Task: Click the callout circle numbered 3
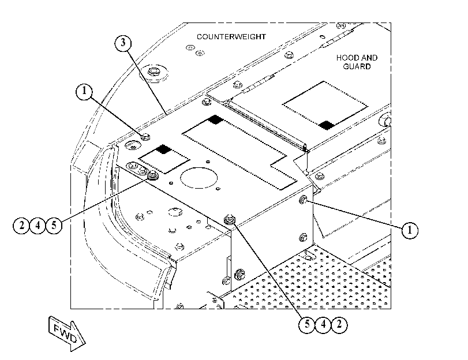click(x=123, y=43)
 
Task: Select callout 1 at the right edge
click(x=410, y=230)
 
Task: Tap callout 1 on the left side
click(x=84, y=91)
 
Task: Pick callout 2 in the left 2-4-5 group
click(x=21, y=226)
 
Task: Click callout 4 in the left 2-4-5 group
click(x=38, y=226)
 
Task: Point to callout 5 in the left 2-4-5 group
click(x=54, y=226)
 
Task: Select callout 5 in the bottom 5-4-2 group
click(x=307, y=324)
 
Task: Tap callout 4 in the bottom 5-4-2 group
click(x=323, y=324)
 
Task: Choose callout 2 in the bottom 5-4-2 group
click(x=339, y=324)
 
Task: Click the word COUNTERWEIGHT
click(x=231, y=37)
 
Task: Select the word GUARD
click(x=357, y=66)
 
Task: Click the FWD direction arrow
click(x=67, y=333)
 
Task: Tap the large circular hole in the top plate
click(x=199, y=178)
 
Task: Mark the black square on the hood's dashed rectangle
click(x=326, y=125)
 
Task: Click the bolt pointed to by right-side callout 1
click(x=302, y=200)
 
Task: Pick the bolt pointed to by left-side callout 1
click(x=145, y=137)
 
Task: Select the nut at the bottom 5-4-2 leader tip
click(x=229, y=220)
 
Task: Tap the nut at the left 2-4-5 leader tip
click(x=153, y=175)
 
